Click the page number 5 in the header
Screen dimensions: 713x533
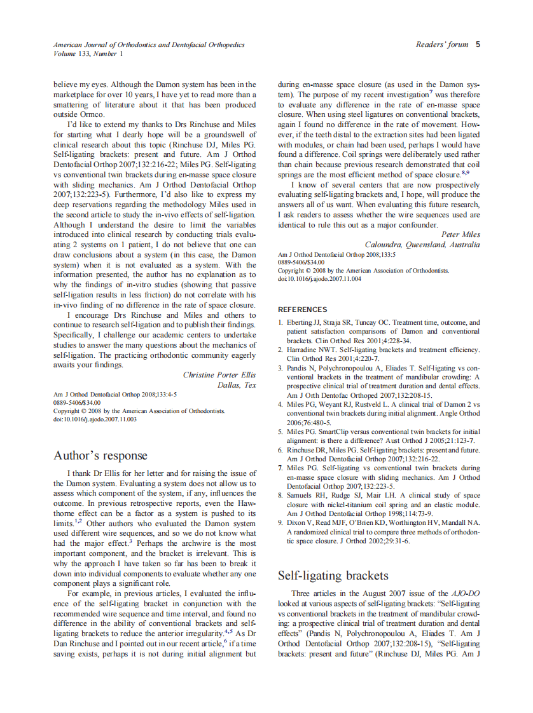[x=478, y=44]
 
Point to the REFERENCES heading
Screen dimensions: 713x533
[x=302, y=309]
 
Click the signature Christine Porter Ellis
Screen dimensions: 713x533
[x=219, y=375]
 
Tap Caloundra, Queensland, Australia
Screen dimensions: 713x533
[x=422, y=245]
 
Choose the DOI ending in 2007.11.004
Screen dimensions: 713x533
[x=319, y=278]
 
